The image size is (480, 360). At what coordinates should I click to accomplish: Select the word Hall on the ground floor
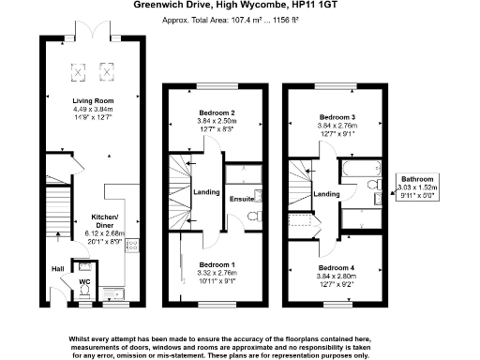point(57,268)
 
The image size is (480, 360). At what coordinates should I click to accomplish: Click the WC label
point(82,280)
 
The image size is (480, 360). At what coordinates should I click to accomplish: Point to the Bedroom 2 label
point(217,113)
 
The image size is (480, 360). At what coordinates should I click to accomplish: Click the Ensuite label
point(240,200)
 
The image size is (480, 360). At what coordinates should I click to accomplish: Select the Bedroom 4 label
point(338,267)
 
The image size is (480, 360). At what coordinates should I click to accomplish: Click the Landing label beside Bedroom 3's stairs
point(326,194)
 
